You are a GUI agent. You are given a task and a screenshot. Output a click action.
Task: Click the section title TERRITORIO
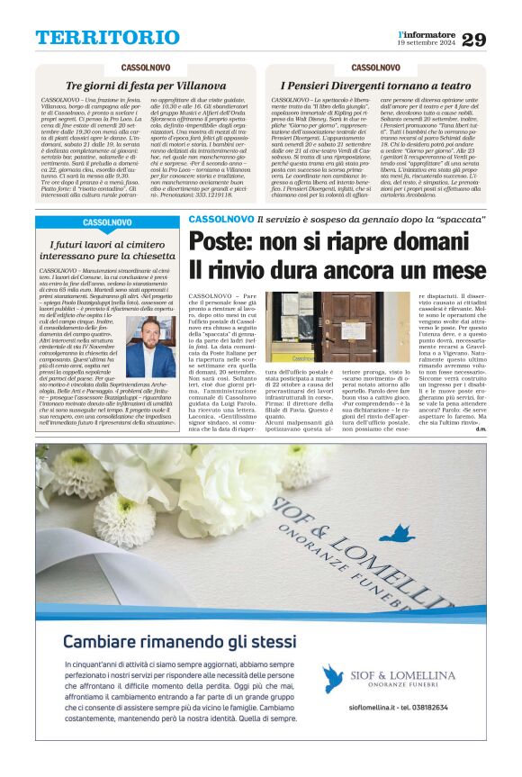107,37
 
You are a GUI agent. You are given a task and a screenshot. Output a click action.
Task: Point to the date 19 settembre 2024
426,43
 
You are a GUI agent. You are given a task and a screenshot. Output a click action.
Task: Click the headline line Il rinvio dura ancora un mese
336,271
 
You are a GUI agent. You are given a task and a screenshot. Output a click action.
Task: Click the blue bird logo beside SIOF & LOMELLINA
334,677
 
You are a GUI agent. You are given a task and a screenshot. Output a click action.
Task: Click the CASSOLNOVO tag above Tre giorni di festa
147,68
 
